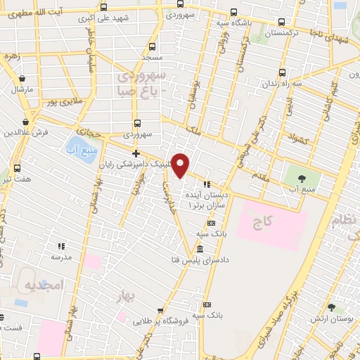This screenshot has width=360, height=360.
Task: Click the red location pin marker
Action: pos(181,165)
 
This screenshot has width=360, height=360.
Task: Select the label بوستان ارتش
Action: pos(331,319)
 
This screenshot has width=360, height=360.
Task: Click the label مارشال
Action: pos(22,90)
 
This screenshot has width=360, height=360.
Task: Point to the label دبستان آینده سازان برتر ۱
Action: pos(205,198)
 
